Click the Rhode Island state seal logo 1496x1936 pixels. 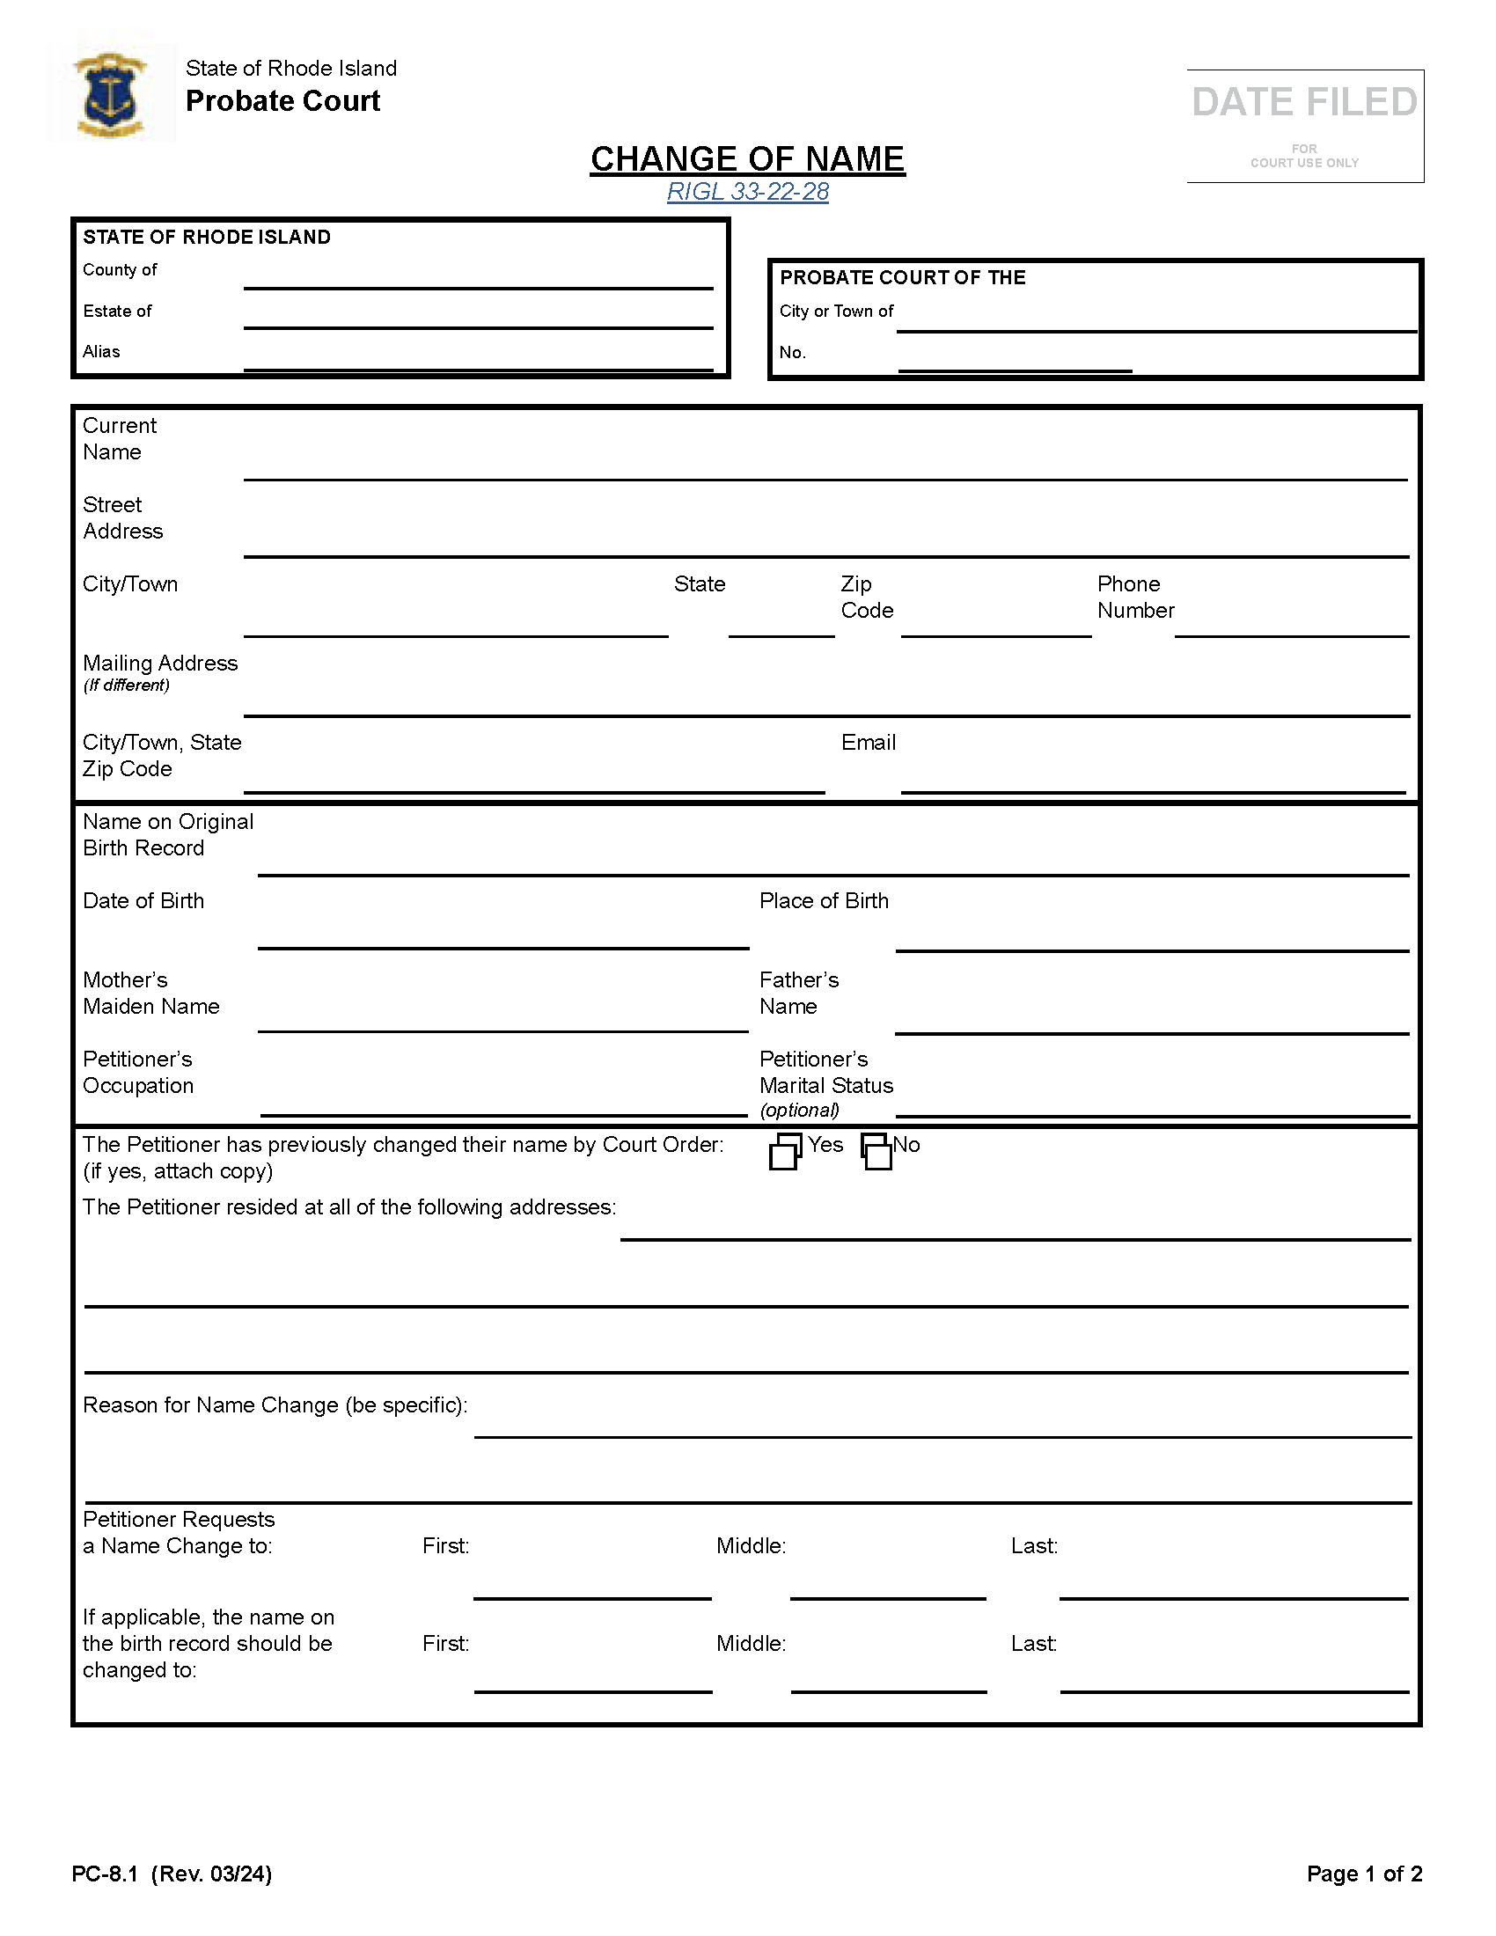click(111, 94)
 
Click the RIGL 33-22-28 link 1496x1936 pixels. click(747, 192)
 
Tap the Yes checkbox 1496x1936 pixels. click(784, 1153)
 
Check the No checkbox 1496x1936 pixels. click(876, 1153)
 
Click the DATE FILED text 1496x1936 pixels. click(1303, 102)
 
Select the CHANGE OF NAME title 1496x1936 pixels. click(747, 159)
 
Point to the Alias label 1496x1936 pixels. click(101, 352)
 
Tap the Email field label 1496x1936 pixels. click(868, 743)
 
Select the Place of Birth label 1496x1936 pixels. click(824, 900)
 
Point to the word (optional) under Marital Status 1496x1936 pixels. click(798, 1111)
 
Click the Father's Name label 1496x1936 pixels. click(797, 993)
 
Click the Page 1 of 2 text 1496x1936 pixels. click(1364, 1874)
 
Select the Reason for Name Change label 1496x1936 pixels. click(275, 1405)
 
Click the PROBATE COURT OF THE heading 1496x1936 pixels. click(902, 277)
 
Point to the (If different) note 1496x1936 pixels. click(126, 686)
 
